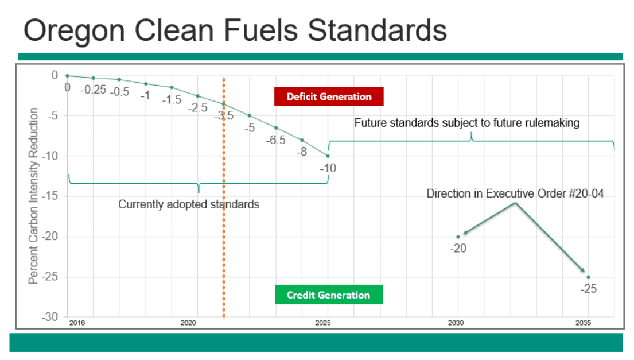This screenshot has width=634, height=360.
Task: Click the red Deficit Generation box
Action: coord(329,96)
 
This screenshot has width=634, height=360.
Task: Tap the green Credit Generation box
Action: coord(328,295)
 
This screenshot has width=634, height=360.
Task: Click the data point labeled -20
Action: coord(458,237)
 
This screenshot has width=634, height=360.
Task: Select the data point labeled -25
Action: coord(588,277)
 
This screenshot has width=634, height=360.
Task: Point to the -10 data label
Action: coord(328,168)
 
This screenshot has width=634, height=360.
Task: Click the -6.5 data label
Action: coord(275,141)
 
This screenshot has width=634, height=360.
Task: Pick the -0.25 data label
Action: coord(92,90)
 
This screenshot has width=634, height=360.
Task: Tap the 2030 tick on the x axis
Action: coord(457,323)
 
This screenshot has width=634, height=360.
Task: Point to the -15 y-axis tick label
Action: coord(50,196)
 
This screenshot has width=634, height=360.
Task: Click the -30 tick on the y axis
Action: coord(50,317)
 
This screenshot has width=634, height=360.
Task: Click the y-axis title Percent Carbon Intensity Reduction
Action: coord(34,195)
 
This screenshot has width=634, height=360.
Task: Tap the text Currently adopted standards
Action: coord(189,204)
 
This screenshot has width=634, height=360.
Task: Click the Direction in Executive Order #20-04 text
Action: coord(515,193)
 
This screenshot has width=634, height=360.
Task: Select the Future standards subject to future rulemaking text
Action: coord(466,122)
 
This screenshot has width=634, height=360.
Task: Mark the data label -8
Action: coord(302,152)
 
